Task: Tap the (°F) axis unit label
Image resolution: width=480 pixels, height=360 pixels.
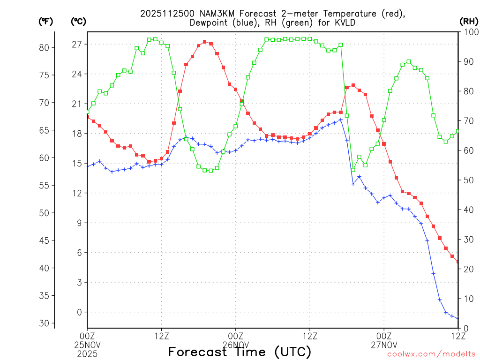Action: [46, 21]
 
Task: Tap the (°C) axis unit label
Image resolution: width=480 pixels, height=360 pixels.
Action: [78, 21]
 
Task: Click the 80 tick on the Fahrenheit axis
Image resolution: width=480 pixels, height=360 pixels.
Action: [45, 47]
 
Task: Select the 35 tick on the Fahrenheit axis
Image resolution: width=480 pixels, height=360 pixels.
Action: [45, 296]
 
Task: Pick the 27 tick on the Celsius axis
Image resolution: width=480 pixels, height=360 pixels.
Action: [76, 45]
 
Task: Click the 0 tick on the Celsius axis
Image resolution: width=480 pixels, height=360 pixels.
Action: [79, 312]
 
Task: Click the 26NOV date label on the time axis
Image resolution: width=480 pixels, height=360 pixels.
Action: [235, 344]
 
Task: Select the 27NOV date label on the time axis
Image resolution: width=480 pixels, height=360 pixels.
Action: [384, 344]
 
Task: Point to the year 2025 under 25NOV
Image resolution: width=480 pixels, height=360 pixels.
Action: [87, 352]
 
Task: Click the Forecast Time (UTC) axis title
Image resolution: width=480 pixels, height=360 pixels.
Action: [240, 352]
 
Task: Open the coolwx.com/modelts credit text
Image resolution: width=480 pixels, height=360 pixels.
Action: [431, 354]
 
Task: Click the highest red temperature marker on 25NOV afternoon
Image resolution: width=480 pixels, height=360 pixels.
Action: [205, 42]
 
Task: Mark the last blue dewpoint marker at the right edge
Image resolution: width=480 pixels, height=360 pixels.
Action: [458, 318]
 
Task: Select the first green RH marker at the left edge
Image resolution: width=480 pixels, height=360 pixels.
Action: [88, 112]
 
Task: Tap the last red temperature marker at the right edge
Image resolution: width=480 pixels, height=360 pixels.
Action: [458, 262]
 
